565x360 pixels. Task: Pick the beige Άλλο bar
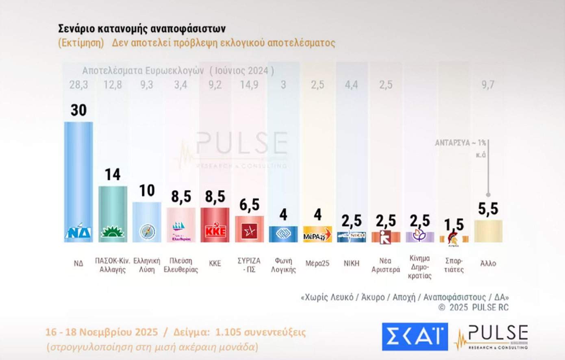click(x=488, y=231)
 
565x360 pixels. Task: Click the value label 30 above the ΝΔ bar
click(x=78, y=110)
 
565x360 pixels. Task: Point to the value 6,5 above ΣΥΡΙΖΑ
click(x=249, y=205)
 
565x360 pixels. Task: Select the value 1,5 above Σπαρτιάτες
click(x=454, y=225)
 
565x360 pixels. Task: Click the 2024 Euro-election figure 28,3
click(x=78, y=85)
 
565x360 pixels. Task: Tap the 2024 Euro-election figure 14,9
click(x=249, y=85)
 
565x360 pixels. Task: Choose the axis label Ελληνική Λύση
click(x=147, y=265)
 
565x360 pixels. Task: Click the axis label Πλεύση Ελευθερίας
click(x=181, y=265)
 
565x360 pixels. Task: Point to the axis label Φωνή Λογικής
click(x=283, y=265)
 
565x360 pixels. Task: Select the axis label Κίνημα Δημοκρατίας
click(x=420, y=267)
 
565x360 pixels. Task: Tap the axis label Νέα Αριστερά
click(x=386, y=265)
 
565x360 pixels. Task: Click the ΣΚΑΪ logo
click(x=415, y=336)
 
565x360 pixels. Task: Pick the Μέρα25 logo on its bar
click(x=317, y=236)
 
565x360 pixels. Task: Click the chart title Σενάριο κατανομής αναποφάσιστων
click(x=142, y=29)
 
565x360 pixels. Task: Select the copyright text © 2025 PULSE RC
click(x=474, y=308)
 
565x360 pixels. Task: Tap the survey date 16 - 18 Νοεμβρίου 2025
click(x=102, y=332)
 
